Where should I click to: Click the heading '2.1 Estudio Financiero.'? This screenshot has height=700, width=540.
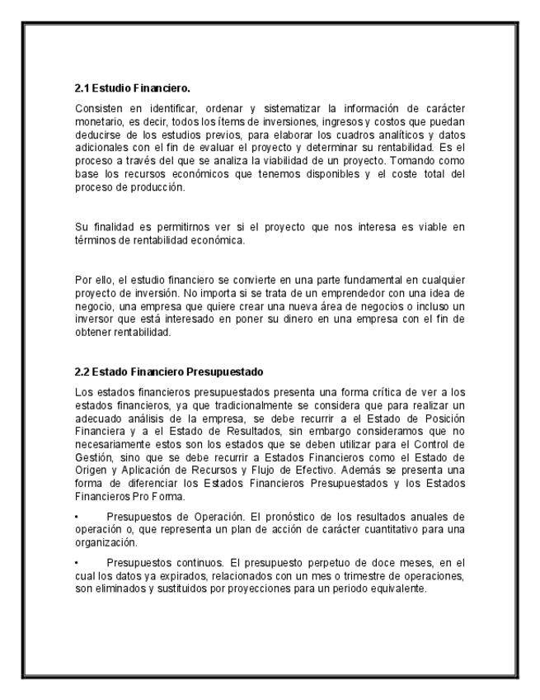133,87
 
